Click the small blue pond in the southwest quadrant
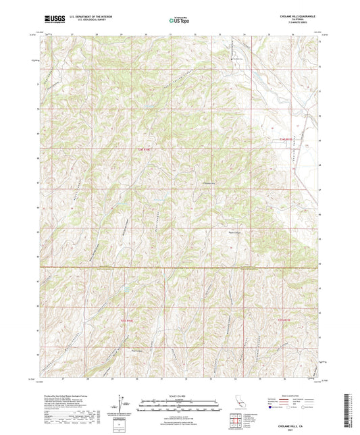pos(126,289)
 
